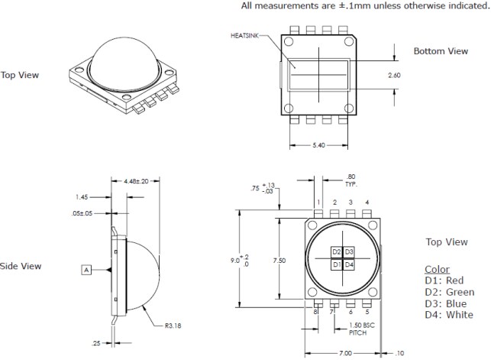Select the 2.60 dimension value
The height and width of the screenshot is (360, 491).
[394, 76]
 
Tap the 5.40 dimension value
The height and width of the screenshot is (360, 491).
[321, 145]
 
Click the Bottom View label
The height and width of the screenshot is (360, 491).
[441, 51]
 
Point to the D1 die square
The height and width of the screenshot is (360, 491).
[336, 264]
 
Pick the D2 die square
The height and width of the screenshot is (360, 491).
[336, 251]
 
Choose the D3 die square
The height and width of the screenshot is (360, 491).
[349, 251]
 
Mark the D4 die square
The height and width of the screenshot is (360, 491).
[349, 264]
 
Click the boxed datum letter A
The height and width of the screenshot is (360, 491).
[87, 269]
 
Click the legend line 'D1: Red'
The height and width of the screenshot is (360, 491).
[444, 281]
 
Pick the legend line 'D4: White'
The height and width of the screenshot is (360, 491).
[448, 315]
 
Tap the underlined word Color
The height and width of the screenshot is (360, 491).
[437, 270]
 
